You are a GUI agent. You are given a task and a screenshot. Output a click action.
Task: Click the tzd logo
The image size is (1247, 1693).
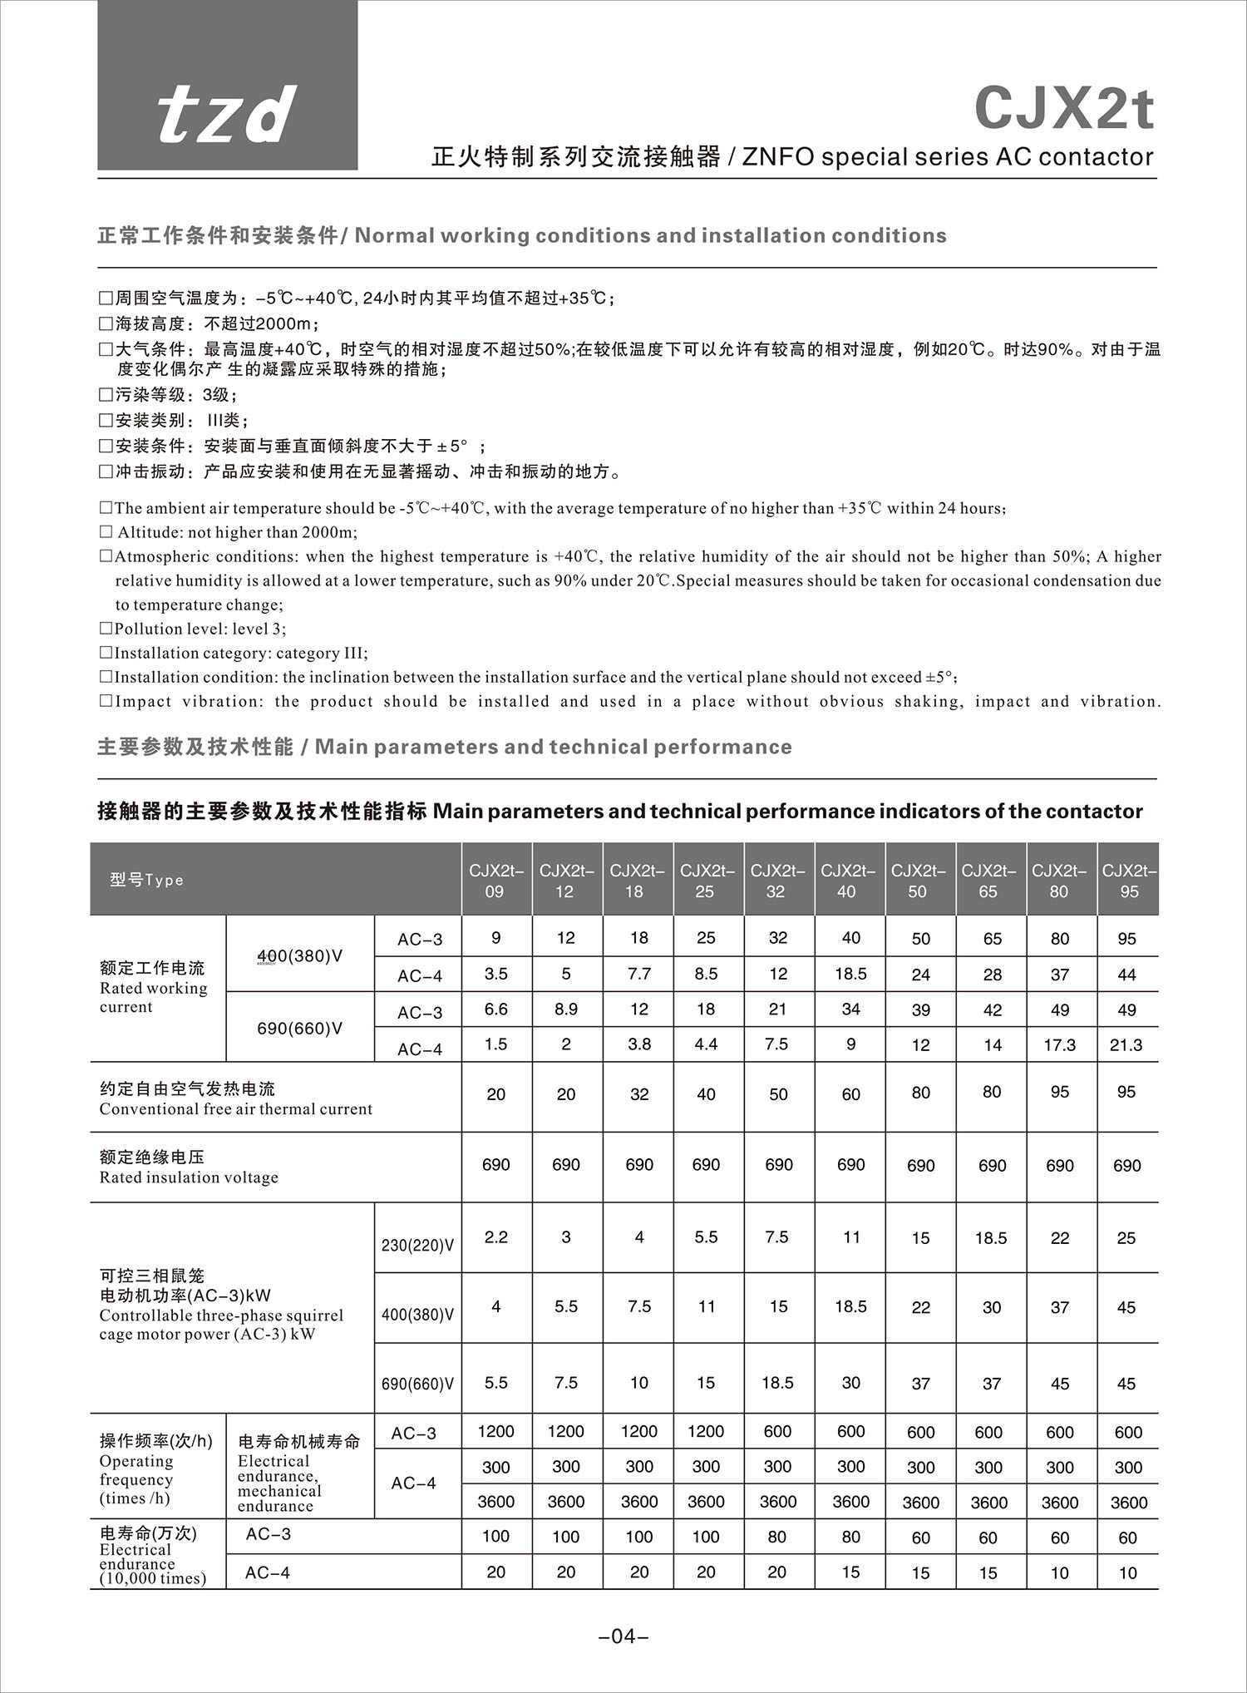(x=227, y=114)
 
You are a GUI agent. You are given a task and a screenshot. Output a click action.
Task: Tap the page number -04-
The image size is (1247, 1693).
(x=623, y=1637)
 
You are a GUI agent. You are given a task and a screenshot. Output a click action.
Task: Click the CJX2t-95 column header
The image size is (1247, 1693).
(x=1128, y=881)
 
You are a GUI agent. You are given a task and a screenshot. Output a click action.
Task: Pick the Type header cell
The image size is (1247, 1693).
(x=147, y=880)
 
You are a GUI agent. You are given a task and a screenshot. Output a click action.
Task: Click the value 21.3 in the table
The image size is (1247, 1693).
(x=1126, y=1045)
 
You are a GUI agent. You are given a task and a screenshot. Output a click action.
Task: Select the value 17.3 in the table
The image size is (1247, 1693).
(x=1059, y=1045)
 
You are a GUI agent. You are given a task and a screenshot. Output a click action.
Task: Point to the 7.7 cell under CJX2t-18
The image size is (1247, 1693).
(x=638, y=974)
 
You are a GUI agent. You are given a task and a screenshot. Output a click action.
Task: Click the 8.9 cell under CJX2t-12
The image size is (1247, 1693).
(x=565, y=1009)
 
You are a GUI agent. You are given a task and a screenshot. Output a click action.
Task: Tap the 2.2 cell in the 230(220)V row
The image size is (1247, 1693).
(x=495, y=1237)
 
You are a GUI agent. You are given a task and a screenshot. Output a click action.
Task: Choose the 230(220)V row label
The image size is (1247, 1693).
(x=417, y=1245)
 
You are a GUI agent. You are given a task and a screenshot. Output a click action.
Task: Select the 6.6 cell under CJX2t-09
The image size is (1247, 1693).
(x=495, y=1009)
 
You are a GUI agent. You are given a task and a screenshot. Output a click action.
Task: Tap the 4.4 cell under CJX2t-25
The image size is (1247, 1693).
(x=706, y=1044)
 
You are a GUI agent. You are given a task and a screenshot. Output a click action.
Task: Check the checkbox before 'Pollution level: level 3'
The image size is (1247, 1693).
(x=106, y=629)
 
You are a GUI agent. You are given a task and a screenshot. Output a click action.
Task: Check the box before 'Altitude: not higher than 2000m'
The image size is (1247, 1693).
(x=106, y=532)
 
